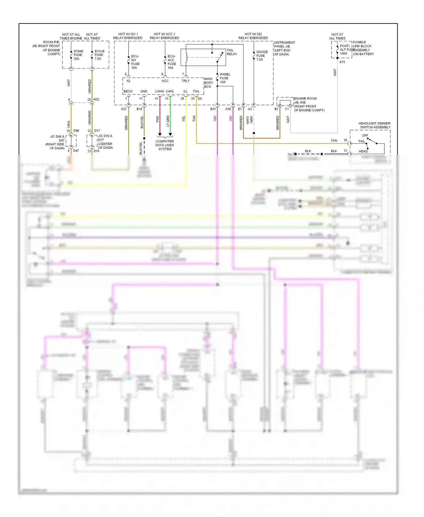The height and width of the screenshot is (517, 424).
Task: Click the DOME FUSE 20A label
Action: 78,55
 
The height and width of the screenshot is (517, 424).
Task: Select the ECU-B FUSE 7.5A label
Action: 99,55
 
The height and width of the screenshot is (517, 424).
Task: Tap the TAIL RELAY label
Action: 232,52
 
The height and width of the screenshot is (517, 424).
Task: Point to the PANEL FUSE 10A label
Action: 225,78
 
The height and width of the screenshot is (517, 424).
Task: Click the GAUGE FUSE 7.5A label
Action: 261,56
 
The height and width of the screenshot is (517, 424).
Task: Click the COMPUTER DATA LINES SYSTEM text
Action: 165,145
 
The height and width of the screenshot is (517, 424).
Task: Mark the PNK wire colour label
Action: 157,119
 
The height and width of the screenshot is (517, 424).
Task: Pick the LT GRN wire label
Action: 168,121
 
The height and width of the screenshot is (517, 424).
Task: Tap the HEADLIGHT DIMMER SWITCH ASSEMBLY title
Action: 374,125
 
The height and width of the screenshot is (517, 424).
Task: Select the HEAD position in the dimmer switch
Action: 363,151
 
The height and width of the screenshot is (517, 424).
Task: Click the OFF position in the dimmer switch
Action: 365,135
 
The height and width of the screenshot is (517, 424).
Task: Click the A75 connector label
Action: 342,62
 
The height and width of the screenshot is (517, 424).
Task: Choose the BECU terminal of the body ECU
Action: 128,91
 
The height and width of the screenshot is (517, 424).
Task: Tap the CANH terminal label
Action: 159,91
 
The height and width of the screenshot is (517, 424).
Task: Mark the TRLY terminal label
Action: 185,81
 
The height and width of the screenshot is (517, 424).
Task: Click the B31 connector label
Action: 213,109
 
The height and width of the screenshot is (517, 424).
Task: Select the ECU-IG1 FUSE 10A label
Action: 135,62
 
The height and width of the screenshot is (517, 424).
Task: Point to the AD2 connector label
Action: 96,100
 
